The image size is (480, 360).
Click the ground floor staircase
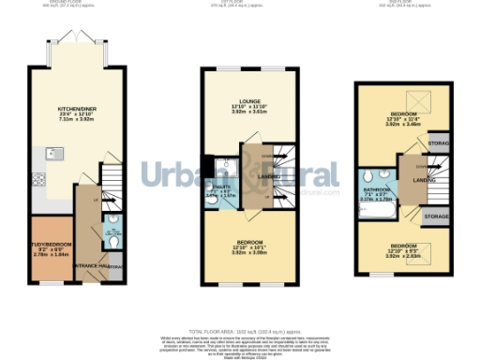(x=111, y=178)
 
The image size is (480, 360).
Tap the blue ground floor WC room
(x=112, y=231)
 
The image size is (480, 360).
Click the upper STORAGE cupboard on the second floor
(x=438, y=143)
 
